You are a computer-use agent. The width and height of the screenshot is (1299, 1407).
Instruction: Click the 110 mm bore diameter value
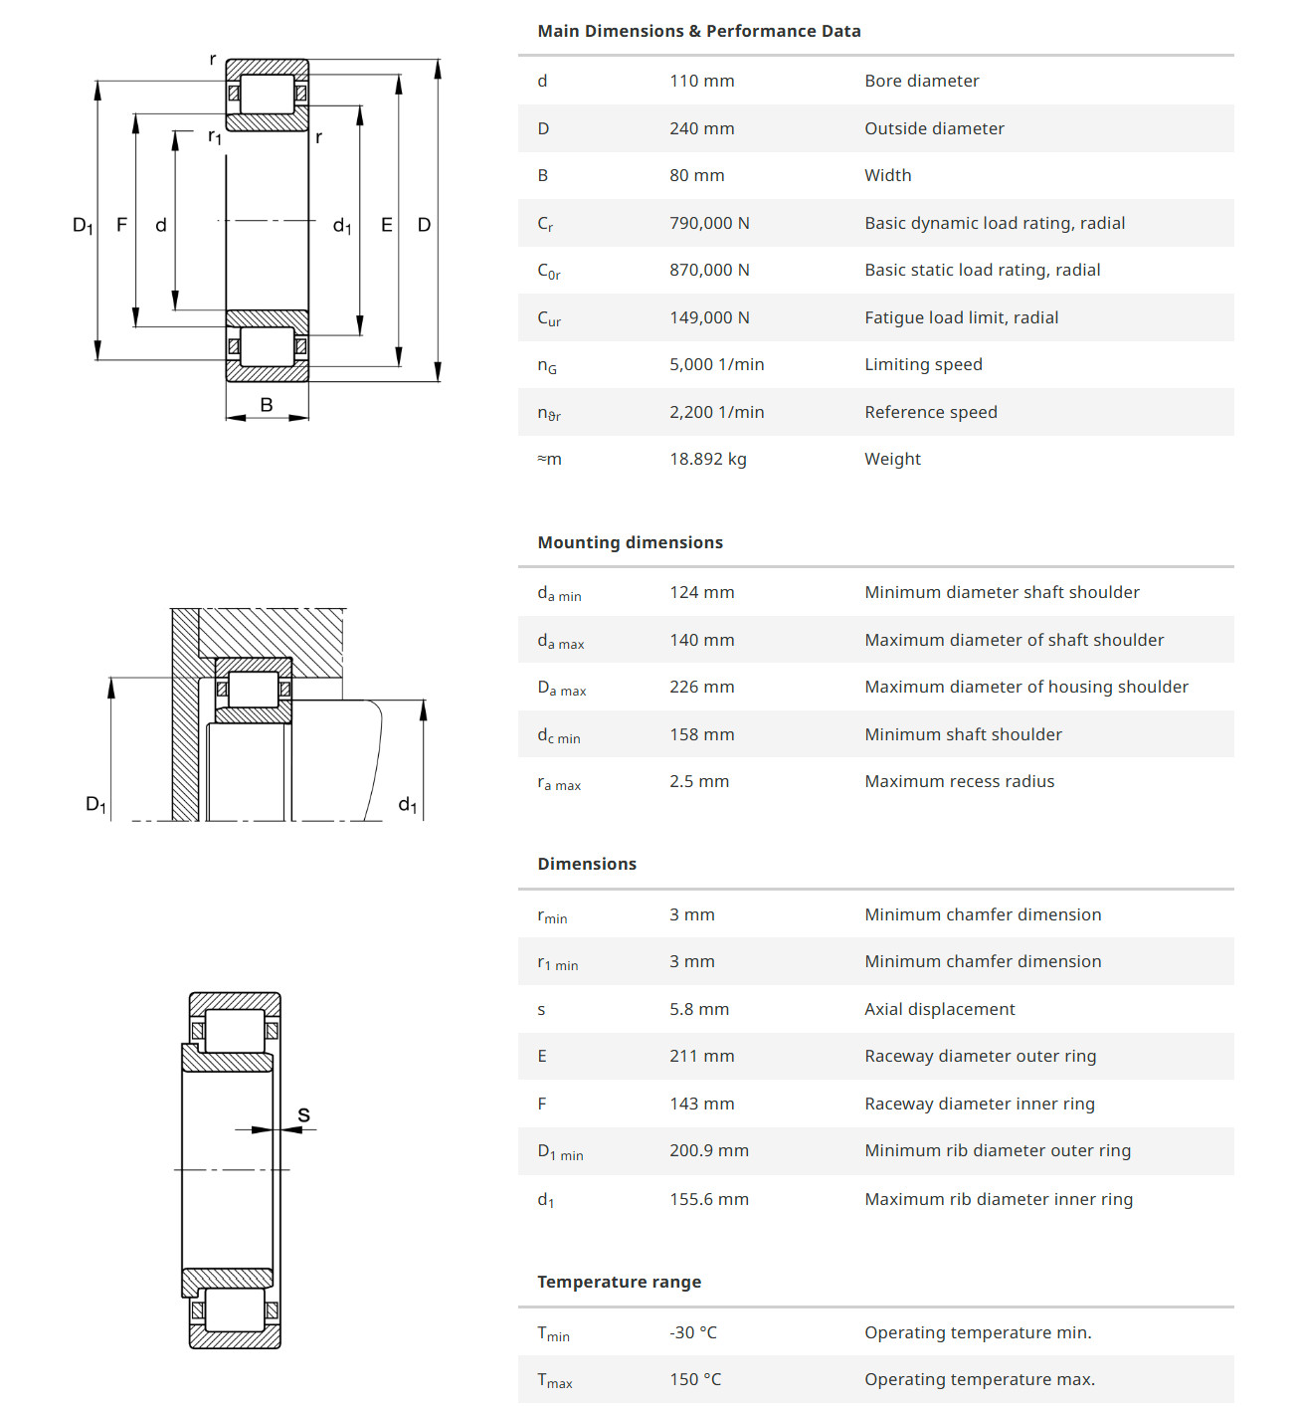click(x=701, y=81)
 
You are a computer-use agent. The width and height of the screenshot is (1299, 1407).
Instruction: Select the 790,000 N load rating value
click(x=709, y=223)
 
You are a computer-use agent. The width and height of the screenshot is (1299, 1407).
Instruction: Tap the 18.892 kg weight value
click(x=707, y=459)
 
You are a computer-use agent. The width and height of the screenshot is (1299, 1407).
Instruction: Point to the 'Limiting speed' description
click(x=923, y=364)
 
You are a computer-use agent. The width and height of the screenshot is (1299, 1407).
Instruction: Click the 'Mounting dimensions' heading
click(x=630, y=542)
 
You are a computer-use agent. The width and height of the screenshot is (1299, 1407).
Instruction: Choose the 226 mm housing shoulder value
click(x=701, y=687)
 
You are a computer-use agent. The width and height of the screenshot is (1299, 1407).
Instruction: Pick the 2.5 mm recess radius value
click(x=698, y=781)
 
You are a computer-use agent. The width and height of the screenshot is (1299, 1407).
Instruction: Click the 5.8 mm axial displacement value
click(x=698, y=1009)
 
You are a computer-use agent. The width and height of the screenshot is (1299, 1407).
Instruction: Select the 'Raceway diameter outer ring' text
click(x=980, y=1056)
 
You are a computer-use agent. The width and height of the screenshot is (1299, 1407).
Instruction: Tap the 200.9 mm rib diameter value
click(x=708, y=1150)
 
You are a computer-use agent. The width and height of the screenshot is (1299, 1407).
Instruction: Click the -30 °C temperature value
click(x=692, y=1332)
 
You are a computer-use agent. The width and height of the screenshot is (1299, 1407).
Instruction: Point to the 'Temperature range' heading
click(x=619, y=1282)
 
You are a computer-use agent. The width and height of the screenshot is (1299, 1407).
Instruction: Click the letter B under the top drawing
click(x=267, y=404)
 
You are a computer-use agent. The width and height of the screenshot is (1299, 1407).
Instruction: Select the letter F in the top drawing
click(x=121, y=225)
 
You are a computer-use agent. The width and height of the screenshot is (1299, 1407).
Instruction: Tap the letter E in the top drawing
click(x=387, y=225)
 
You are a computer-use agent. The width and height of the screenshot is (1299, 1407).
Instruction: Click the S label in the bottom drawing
click(x=303, y=1115)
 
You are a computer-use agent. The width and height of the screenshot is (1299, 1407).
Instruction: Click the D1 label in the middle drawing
click(x=95, y=804)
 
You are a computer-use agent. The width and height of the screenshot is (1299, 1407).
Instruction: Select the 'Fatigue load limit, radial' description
click(x=961, y=317)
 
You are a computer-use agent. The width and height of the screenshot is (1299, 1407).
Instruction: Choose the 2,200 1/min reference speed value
click(x=716, y=412)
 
